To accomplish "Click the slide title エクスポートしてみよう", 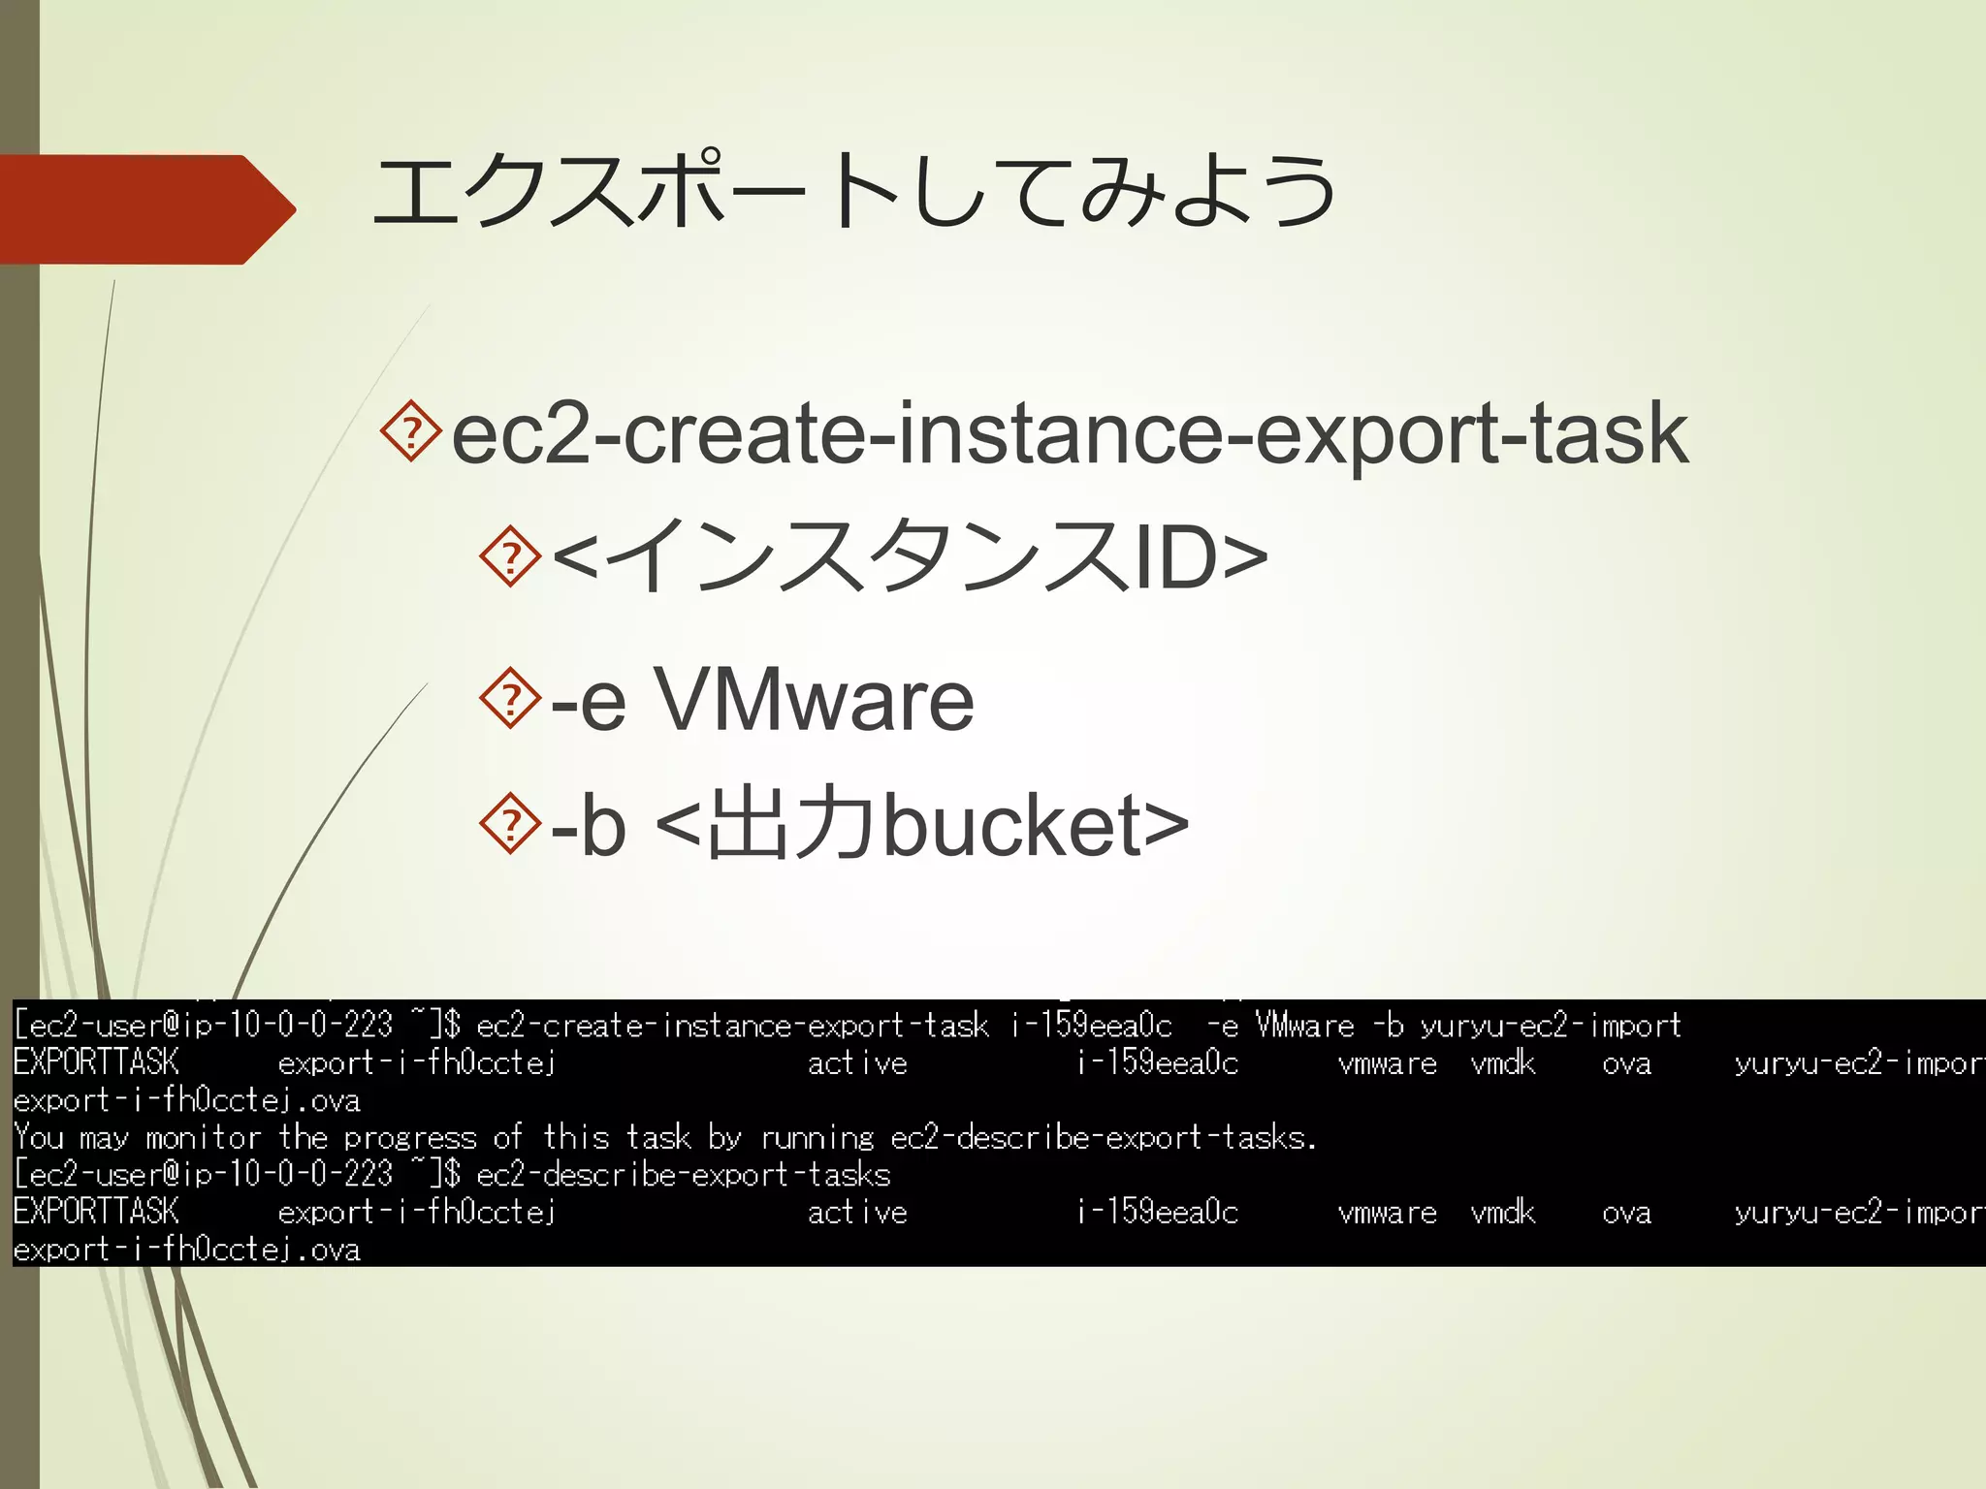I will (853, 191).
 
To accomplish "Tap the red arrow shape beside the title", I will (145, 209).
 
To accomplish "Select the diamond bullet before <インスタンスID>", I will (510, 556).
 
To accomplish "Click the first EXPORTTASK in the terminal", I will (96, 1063).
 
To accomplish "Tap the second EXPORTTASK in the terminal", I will (96, 1212).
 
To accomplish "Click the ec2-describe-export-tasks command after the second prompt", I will (683, 1175).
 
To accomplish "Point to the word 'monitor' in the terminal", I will (203, 1137).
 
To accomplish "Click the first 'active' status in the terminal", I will (857, 1063).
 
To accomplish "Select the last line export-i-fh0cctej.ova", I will (186, 1250).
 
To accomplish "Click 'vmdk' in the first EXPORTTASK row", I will (1502, 1063).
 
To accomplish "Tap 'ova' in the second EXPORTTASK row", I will (1626, 1212).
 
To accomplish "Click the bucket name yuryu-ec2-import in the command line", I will (1551, 1026).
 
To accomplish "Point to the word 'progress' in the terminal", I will (410, 1138).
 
